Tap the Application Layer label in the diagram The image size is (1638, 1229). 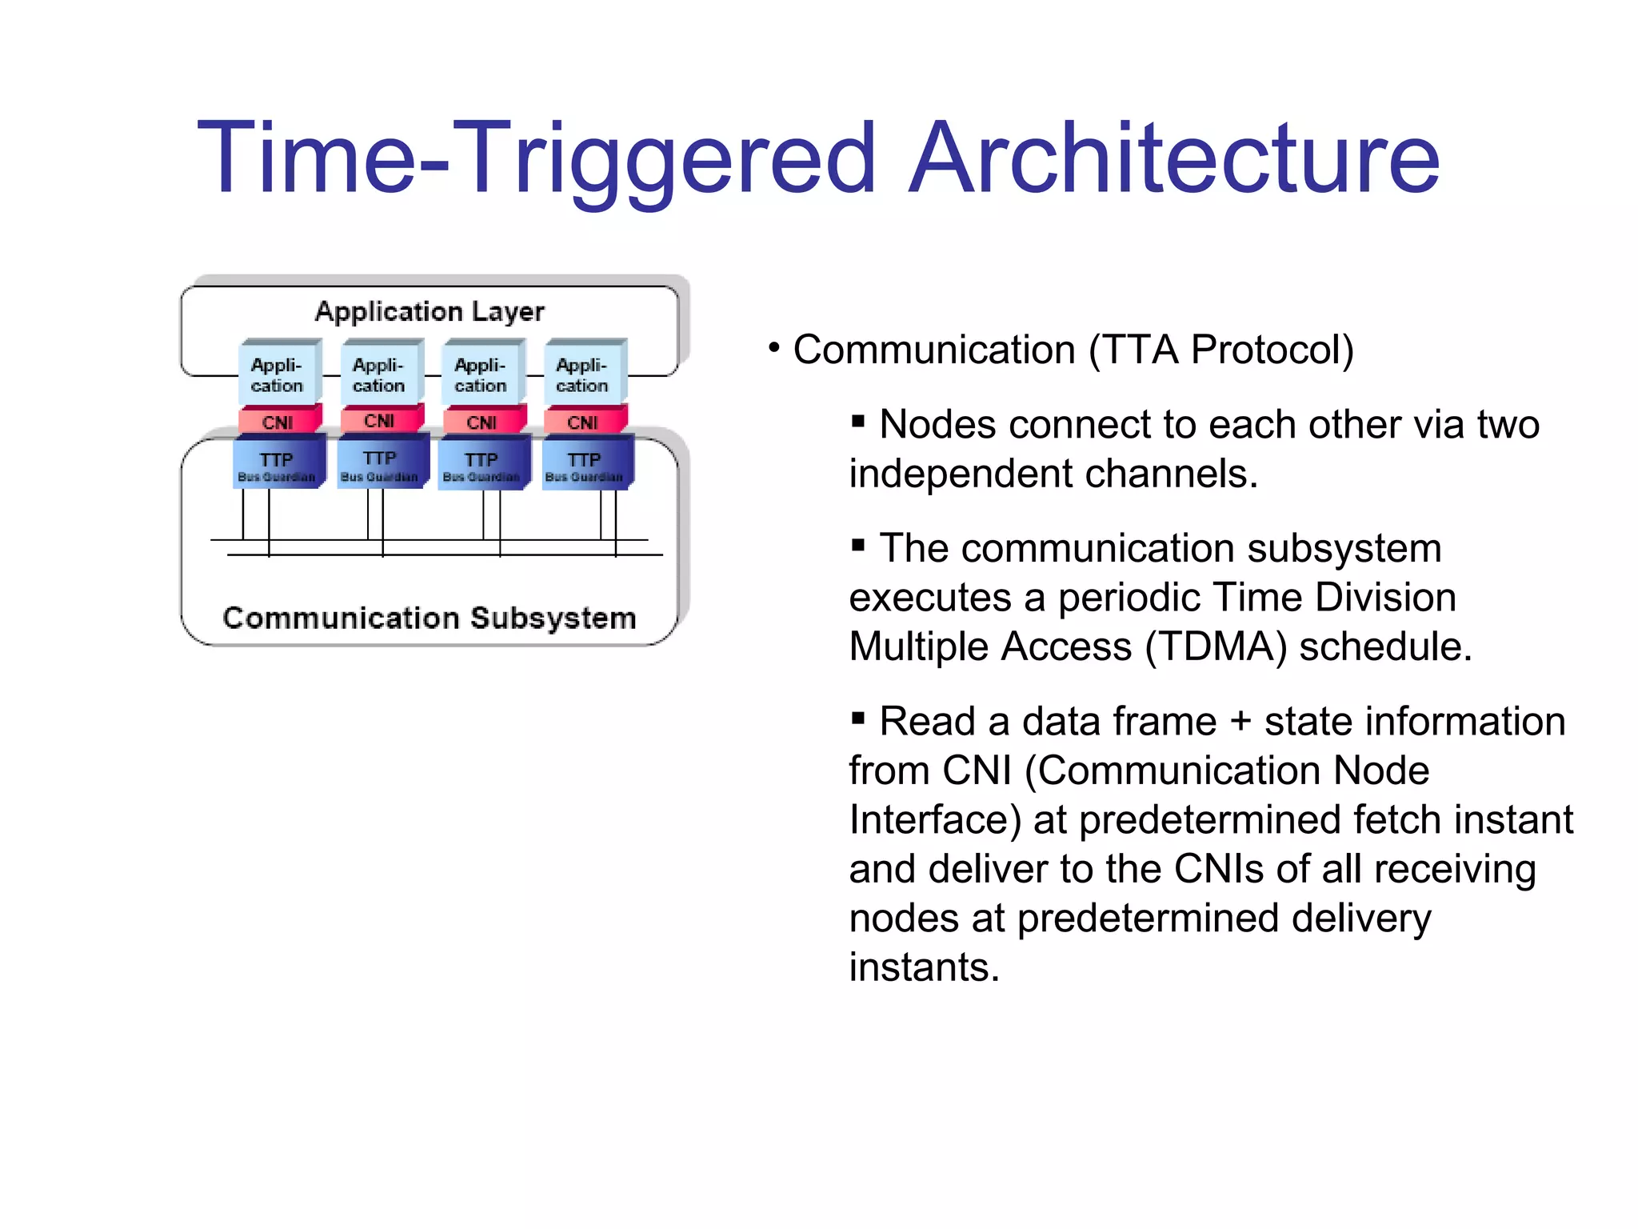(429, 311)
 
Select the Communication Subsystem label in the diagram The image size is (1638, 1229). (429, 618)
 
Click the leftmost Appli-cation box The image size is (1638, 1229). (278, 374)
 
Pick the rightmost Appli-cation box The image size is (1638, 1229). (582, 374)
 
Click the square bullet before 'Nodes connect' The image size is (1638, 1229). (858, 421)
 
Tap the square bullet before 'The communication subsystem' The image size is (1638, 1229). (858, 545)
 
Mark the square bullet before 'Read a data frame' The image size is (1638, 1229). (858, 718)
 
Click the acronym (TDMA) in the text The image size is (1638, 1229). (1216, 647)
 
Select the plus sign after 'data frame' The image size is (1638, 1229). (1240, 722)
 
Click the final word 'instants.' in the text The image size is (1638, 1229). (925, 967)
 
